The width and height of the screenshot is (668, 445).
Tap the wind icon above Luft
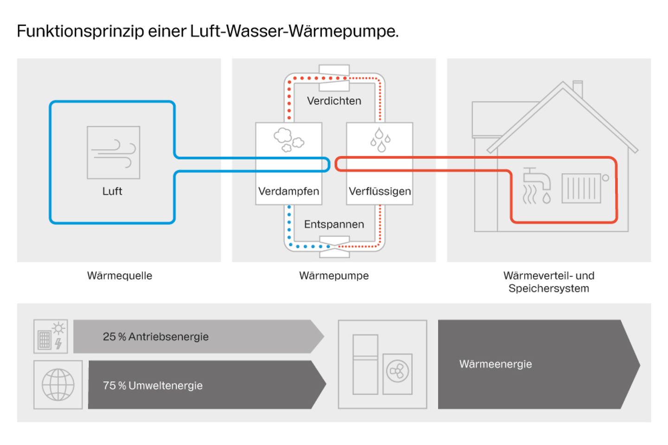point(114,153)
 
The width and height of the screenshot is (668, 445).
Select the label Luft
point(112,191)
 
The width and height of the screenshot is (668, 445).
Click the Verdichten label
point(334,101)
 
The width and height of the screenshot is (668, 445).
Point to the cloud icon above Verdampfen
point(288,140)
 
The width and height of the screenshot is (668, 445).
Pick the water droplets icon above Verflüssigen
point(380,140)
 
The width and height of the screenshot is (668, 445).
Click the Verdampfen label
point(289,191)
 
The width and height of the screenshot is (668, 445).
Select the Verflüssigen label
point(379,191)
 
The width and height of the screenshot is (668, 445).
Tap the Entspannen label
point(334,224)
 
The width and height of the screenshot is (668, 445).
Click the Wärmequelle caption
point(120,275)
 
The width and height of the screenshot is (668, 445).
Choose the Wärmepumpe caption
point(334,275)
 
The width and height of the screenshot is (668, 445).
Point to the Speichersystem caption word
point(549,288)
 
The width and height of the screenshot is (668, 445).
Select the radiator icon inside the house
point(581,188)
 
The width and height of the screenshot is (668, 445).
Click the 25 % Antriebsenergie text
point(156,337)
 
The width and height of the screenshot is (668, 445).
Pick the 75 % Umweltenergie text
point(153,385)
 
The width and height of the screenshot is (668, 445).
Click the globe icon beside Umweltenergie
point(58,385)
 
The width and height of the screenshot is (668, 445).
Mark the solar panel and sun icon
point(51,336)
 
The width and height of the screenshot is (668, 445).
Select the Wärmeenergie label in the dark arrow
point(495,364)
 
